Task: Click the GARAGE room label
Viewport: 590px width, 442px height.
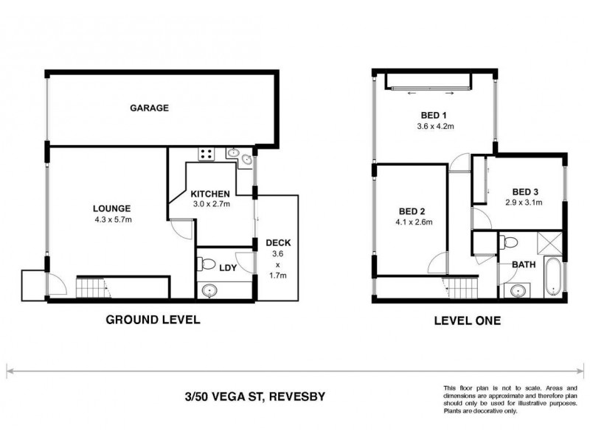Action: tap(150, 108)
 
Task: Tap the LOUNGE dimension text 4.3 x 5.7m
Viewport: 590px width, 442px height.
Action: tap(112, 219)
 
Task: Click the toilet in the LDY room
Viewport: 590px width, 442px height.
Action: tap(207, 264)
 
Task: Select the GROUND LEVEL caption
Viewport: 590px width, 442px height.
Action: tap(153, 320)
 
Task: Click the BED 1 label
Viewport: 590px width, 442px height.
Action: tap(433, 114)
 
